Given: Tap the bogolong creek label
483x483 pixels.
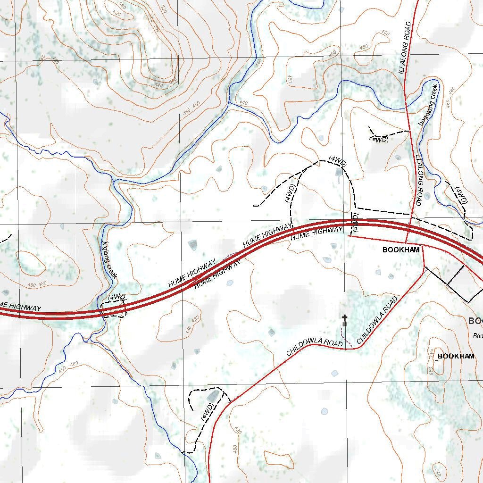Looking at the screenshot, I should pos(428,104).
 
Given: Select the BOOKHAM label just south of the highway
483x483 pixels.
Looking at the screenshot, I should pos(400,250).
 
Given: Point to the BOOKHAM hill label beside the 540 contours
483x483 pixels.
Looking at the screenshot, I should pos(456,356).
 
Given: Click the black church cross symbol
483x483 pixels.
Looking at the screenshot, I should pos(345,318).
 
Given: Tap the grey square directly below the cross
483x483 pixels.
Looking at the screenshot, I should pos(345,324).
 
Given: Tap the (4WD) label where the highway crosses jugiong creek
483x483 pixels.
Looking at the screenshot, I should pos(117,297).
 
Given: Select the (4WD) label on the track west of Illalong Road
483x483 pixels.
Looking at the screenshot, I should pos(380,140).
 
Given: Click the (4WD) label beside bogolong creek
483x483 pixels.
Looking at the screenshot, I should pos(460,195).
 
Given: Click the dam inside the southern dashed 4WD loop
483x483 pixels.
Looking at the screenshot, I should pos(213,396).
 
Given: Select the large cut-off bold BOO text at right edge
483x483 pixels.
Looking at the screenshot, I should pos(475,321).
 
